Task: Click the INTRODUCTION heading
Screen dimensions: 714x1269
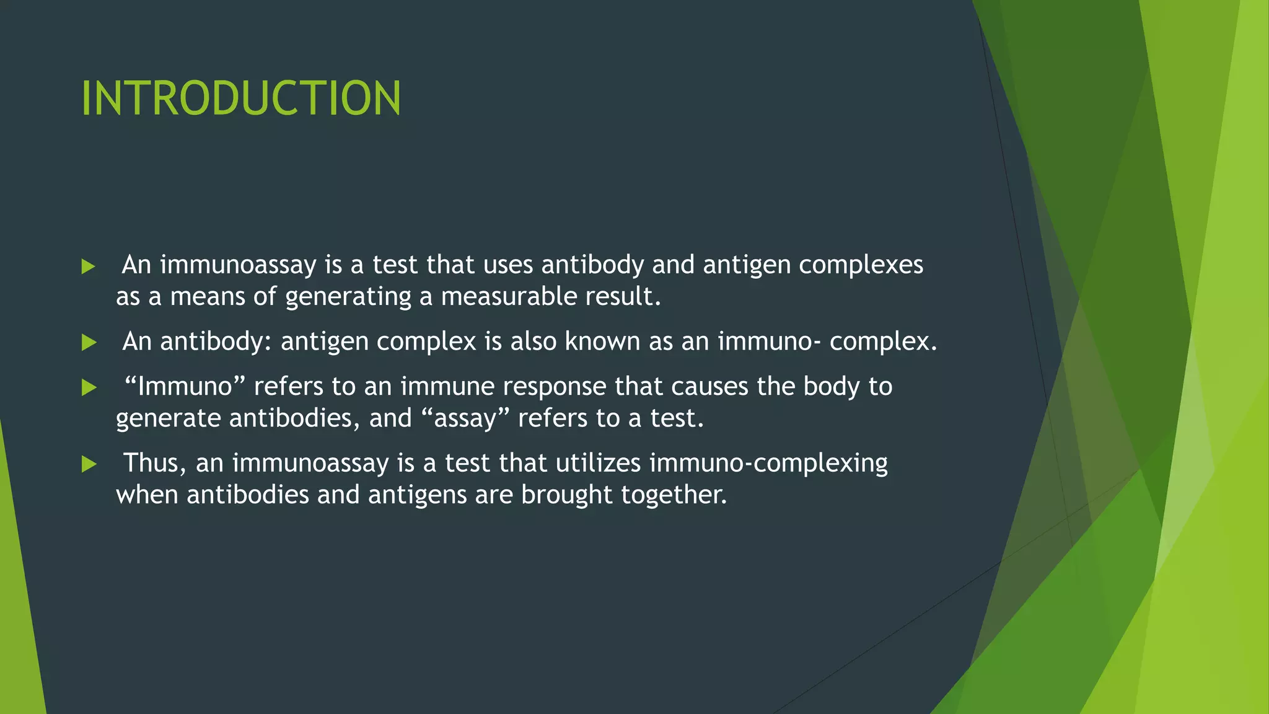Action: pos(241,98)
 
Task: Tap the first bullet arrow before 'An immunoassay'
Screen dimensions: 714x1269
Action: pos(89,267)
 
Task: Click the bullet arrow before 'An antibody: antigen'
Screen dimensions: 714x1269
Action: pos(89,343)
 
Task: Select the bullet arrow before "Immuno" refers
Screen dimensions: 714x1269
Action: pos(89,388)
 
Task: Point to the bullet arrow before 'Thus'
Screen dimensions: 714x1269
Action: pos(89,464)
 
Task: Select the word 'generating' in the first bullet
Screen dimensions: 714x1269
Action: pos(348,297)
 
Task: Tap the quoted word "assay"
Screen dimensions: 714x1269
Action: pos(465,418)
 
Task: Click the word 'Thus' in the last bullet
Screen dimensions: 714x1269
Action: pos(155,463)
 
